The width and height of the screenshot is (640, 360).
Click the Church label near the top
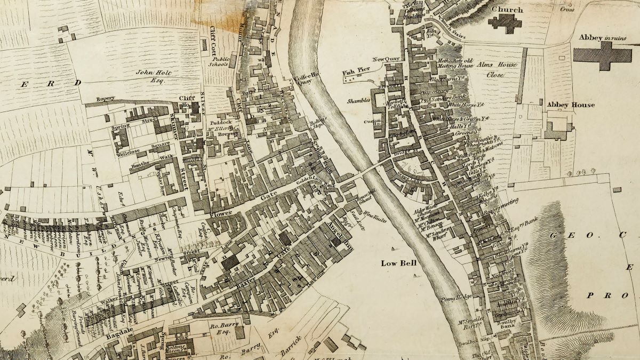[507, 10]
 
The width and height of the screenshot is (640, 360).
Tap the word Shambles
[358, 100]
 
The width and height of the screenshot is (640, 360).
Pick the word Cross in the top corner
[566, 10]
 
